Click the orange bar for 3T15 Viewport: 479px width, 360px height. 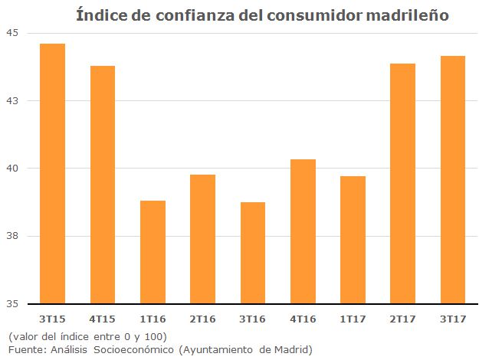(52, 173)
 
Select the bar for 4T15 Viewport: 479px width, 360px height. (102, 184)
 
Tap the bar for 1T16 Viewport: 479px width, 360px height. (153, 251)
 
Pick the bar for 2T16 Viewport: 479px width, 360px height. (202, 238)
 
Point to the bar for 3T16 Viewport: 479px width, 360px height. (252, 252)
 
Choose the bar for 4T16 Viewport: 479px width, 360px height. (303, 231)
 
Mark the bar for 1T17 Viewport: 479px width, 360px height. (353, 239)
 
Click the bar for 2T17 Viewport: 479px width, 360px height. (402, 183)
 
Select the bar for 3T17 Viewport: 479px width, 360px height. (452, 179)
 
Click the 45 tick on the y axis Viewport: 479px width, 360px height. (15, 33)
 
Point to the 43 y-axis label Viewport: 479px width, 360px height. (15, 100)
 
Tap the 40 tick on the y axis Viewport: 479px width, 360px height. (15, 168)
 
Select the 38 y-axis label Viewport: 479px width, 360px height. (15, 235)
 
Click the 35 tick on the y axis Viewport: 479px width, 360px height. (15, 303)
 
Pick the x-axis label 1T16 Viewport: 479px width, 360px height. (153, 318)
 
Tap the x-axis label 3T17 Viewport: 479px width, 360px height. (452, 318)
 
